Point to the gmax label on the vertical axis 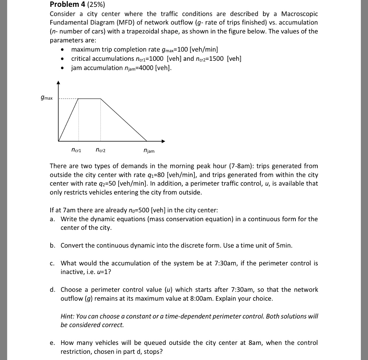tap(47, 98)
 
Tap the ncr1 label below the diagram tap(76, 150)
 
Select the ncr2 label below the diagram tap(101, 150)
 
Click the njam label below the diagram tap(149, 151)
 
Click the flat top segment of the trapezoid tap(89, 98)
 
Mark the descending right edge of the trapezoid tap(124, 120)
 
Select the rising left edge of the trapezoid tap(69, 119)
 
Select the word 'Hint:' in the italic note tap(68, 316)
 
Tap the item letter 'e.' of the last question tap(53, 343)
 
